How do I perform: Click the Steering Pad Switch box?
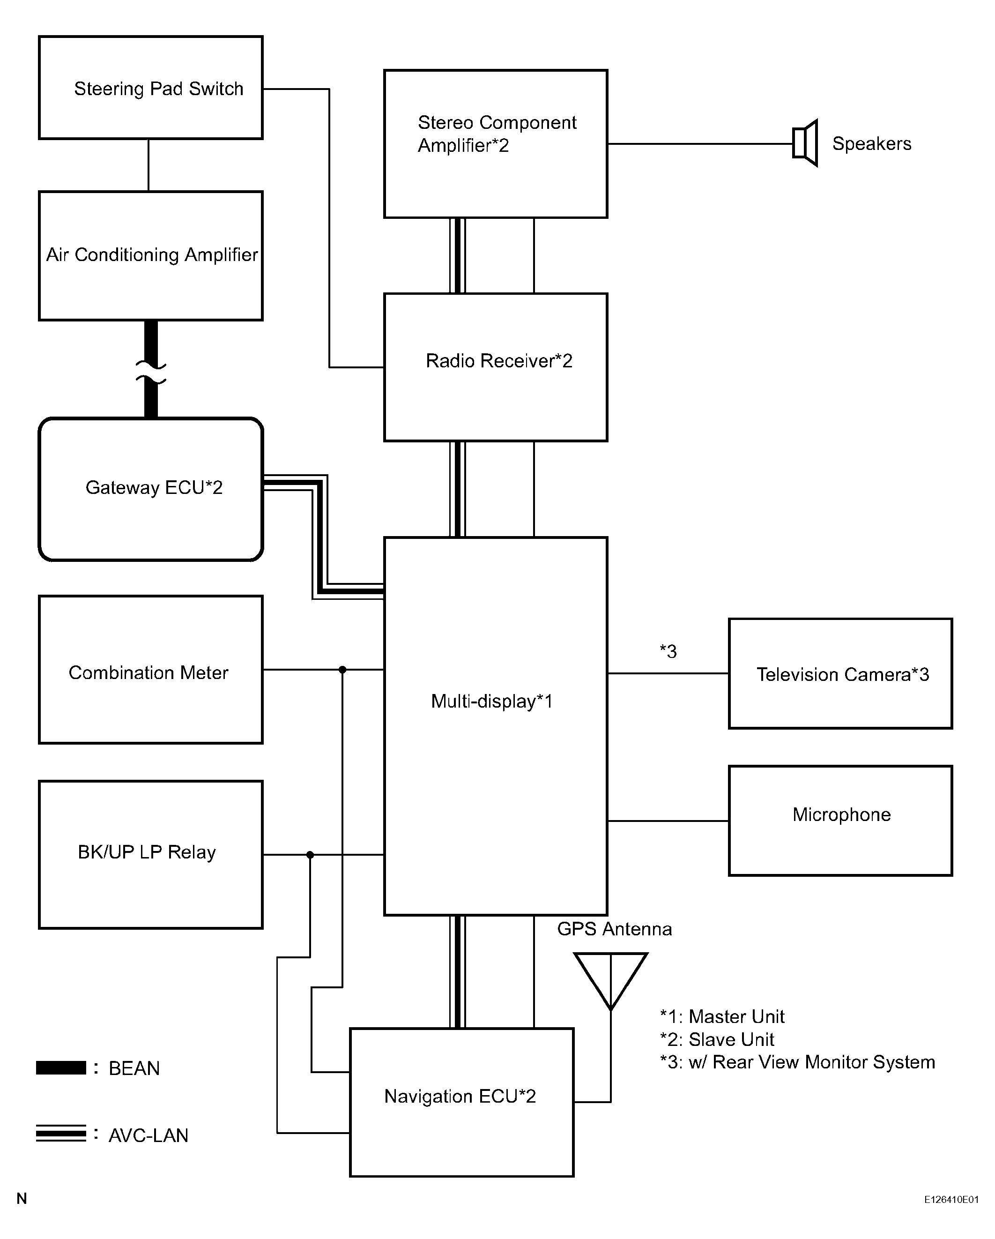click(150, 87)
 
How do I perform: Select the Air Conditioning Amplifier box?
click(150, 256)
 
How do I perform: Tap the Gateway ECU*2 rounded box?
click(150, 489)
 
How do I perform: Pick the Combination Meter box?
click(150, 670)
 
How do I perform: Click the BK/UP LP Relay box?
click(150, 855)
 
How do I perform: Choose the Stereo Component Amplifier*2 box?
click(496, 144)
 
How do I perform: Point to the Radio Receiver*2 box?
click(496, 367)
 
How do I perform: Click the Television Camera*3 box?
click(840, 673)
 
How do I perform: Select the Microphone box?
click(840, 821)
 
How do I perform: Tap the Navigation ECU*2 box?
click(462, 1102)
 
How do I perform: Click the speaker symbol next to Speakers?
click(805, 143)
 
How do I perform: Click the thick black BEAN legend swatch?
click(61, 1068)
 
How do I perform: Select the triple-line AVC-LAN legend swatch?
click(61, 1133)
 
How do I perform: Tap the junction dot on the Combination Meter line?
click(342, 670)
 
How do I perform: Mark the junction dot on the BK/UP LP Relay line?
click(310, 855)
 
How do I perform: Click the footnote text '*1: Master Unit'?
click(722, 1016)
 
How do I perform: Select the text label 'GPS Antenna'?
click(614, 929)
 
